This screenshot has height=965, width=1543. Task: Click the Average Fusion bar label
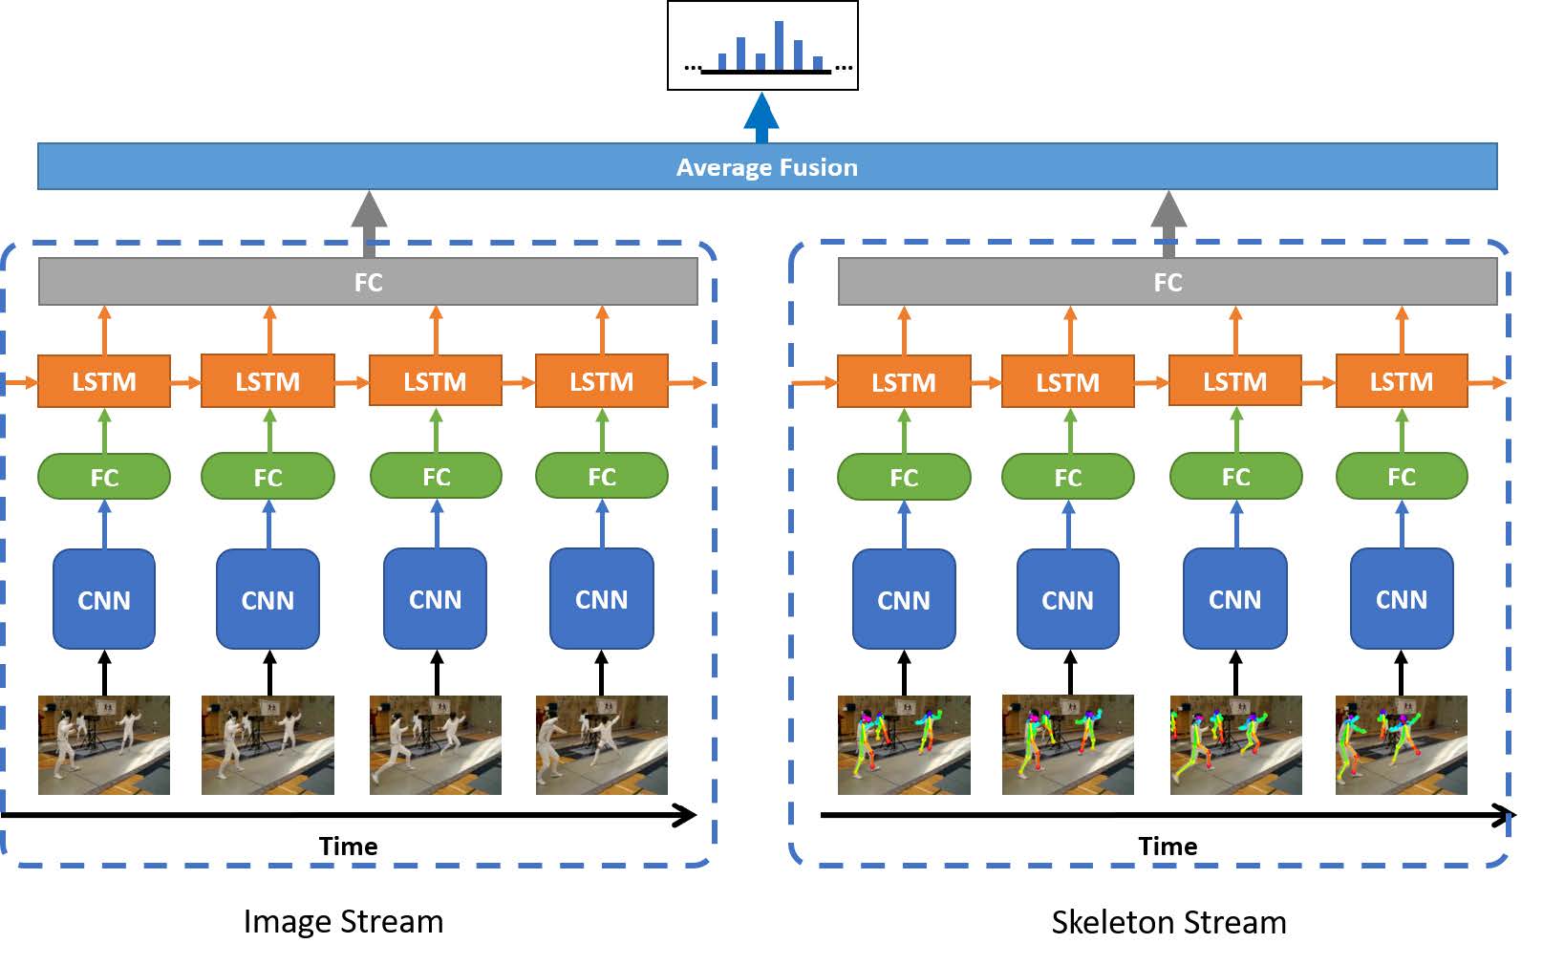766,167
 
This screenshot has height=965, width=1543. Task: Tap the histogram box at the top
762,46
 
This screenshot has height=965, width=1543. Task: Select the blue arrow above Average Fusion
761,118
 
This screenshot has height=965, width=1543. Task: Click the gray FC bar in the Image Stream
368,282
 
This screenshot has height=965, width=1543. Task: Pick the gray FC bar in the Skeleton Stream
1168,282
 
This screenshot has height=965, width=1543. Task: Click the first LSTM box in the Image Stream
104,381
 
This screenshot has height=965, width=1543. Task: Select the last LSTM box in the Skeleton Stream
1401,381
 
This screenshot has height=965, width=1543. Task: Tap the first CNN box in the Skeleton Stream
904,599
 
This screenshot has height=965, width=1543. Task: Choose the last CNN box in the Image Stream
602,599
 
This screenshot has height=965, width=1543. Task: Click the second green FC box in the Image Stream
268,477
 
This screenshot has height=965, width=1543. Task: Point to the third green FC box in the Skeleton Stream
1235,476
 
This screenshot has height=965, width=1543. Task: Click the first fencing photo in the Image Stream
104,745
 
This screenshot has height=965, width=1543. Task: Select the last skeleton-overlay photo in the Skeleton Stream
1401,745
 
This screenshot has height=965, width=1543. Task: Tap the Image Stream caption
343,921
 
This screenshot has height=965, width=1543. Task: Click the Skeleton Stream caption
1168,922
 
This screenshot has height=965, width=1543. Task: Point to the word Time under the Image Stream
348,847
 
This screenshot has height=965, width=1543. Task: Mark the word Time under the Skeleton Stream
1168,847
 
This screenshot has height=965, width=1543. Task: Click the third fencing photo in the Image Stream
436,745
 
